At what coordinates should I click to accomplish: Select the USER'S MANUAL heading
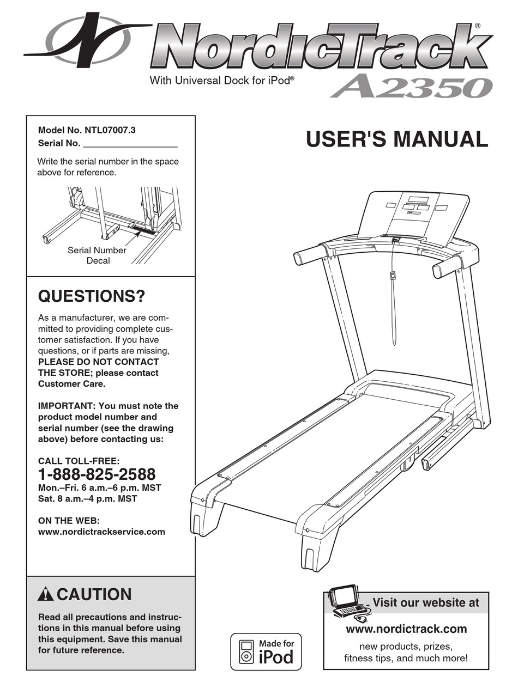coord(396,139)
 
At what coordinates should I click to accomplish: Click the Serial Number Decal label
coord(97,255)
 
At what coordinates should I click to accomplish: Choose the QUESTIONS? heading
coord(92,297)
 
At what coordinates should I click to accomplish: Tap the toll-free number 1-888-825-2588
coord(97,474)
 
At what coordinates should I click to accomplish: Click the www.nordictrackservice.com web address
coord(101,532)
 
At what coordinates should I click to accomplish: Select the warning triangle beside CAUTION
coord(46,595)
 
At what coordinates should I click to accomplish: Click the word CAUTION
coord(94,594)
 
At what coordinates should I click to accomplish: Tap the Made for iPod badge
coord(266,651)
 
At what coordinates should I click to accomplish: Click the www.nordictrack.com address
coord(406,629)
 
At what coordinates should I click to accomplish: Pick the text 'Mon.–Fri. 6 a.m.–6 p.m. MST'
coord(99,487)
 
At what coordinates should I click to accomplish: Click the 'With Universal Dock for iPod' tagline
coord(222,81)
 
